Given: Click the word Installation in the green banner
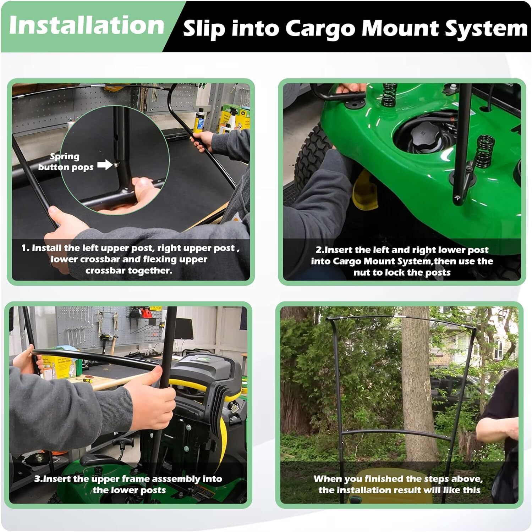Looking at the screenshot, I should click(x=86, y=26).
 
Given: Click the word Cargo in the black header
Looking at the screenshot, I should click(x=320, y=28).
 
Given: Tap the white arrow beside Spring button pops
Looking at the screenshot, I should click(x=105, y=165).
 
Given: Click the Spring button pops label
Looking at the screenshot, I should click(x=66, y=162).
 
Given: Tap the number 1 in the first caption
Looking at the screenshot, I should click(x=24, y=248).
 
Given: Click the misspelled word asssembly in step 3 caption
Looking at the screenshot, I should click(x=176, y=479).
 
